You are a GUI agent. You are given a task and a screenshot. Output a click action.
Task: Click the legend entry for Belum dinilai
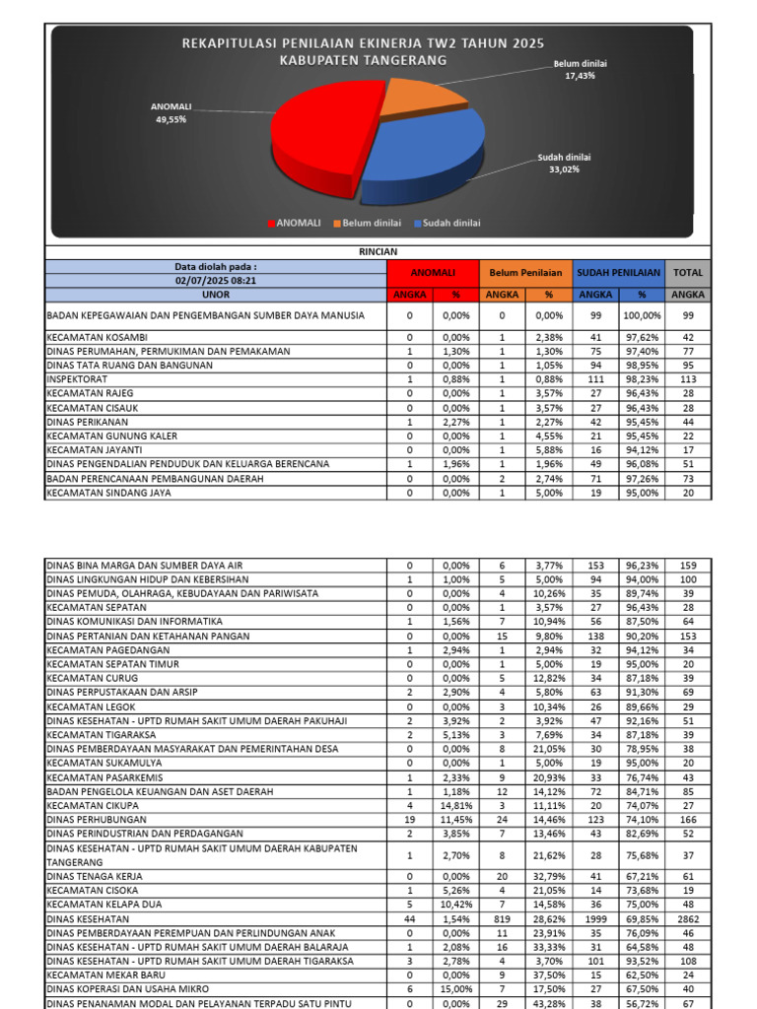click(x=369, y=224)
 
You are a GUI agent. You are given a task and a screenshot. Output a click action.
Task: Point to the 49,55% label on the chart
click(x=171, y=119)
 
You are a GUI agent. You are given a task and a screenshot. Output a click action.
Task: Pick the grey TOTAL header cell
click(x=687, y=273)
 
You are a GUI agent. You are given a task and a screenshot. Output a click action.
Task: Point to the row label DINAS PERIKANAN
click(x=90, y=422)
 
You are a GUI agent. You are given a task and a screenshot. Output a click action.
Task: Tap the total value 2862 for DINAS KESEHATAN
click(x=687, y=918)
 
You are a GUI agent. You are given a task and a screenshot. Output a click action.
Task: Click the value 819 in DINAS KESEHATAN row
click(x=501, y=918)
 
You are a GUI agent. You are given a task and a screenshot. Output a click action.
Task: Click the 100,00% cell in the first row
click(x=641, y=315)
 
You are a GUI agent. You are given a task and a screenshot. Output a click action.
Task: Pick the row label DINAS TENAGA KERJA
click(x=97, y=876)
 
